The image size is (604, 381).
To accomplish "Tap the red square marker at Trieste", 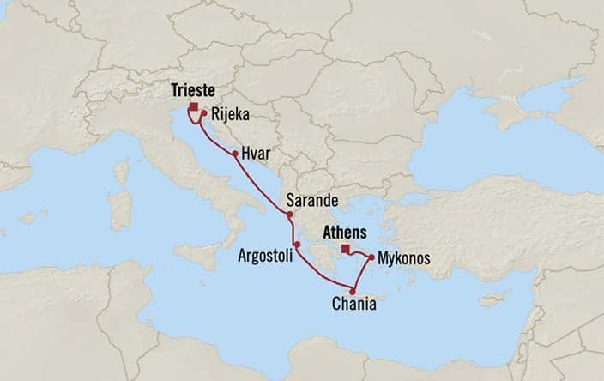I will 194,107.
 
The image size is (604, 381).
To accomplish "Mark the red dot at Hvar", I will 234,154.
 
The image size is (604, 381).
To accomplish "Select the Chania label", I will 353,303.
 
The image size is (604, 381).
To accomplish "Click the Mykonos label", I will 403,257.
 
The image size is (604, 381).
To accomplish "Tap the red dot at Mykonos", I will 371,257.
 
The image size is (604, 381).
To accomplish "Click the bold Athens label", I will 344,233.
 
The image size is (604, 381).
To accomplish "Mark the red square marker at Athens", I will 345,250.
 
